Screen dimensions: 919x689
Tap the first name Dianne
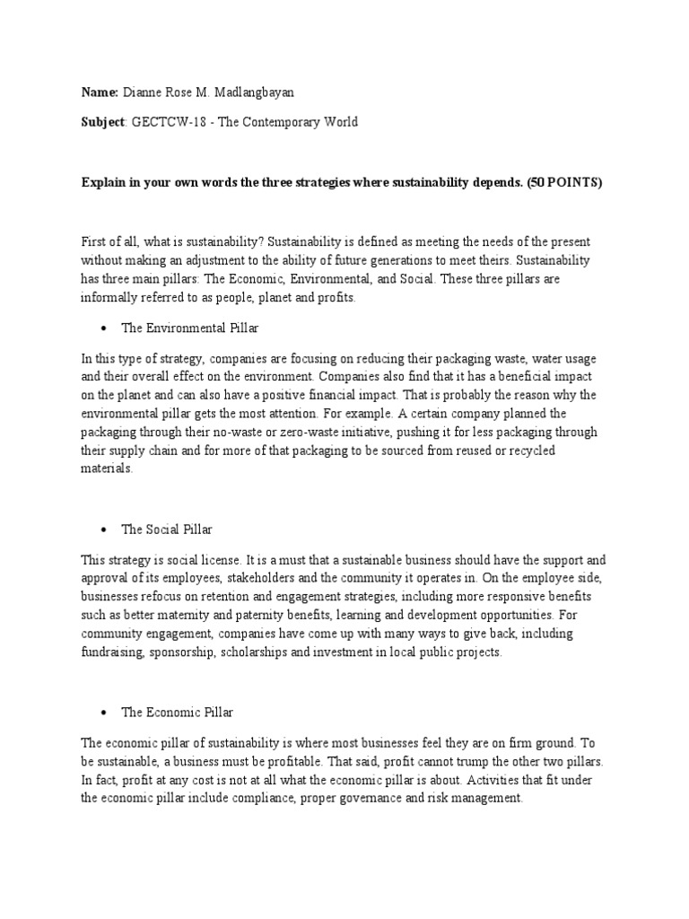[x=144, y=92]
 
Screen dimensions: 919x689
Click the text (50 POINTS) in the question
[x=562, y=182]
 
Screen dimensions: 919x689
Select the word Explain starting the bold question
[x=103, y=182]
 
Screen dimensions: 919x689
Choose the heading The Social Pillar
[x=167, y=530]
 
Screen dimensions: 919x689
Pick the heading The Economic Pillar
[x=178, y=712]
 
